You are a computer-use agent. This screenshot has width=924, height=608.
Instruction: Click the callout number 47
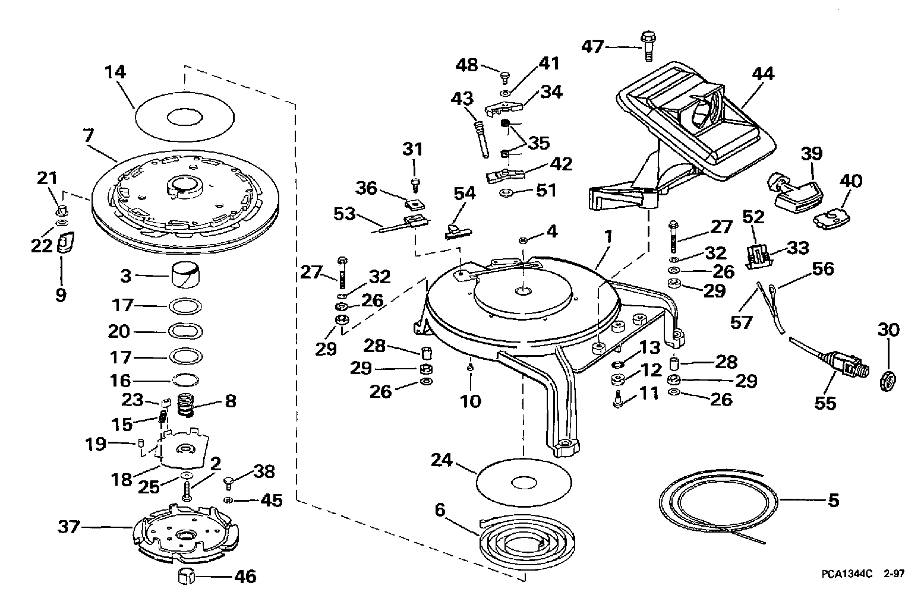tap(593, 46)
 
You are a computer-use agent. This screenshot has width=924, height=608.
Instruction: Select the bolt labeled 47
tap(648, 46)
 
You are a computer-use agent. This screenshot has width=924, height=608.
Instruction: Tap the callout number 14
tap(115, 72)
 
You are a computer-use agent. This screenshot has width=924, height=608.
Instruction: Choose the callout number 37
tap(68, 527)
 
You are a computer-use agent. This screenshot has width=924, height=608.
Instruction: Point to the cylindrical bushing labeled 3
tap(185, 274)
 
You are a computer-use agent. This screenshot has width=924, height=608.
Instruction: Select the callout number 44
tap(763, 74)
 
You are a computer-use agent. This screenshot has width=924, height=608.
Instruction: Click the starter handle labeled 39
tap(792, 192)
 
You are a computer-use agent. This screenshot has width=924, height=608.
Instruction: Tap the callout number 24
tap(441, 460)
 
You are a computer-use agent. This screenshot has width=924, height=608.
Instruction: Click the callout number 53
tap(345, 214)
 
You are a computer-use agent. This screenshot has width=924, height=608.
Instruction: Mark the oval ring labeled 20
tap(185, 331)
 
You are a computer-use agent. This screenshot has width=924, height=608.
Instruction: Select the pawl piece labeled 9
tap(64, 242)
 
